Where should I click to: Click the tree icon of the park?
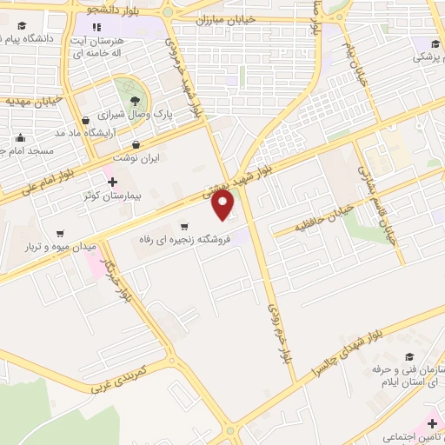click(x=135, y=100)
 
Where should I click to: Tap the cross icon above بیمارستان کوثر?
click(x=112, y=182)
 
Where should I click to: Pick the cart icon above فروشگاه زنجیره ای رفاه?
click(x=183, y=226)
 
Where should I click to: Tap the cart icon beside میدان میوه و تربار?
click(x=60, y=233)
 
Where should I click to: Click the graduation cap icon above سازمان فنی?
click(x=408, y=356)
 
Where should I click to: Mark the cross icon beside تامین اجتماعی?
click(x=433, y=423)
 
